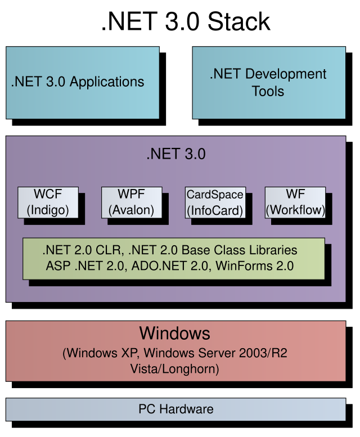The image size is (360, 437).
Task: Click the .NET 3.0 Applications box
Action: click(x=82, y=82)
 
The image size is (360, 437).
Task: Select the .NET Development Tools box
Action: click(x=269, y=82)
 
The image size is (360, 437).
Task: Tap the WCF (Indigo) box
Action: click(x=47, y=202)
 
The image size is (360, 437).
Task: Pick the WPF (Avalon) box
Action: click(x=131, y=202)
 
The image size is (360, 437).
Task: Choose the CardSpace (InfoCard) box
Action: click(x=215, y=202)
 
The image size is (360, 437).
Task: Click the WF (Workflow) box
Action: click(x=295, y=202)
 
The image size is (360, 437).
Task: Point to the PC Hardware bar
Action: click(x=175, y=409)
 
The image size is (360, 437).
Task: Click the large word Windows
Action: click(x=175, y=333)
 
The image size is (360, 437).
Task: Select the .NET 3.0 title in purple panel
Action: click(x=175, y=154)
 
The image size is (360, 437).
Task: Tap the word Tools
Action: click(x=268, y=91)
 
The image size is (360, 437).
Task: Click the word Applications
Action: click(x=107, y=82)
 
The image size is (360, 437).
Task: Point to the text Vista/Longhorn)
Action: click(x=175, y=369)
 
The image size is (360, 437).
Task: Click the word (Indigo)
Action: click(x=47, y=211)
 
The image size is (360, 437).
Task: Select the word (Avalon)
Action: click(x=131, y=211)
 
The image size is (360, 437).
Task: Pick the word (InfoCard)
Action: click(x=215, y=211)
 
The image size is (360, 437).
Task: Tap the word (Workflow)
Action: click(x=295, y=211)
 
